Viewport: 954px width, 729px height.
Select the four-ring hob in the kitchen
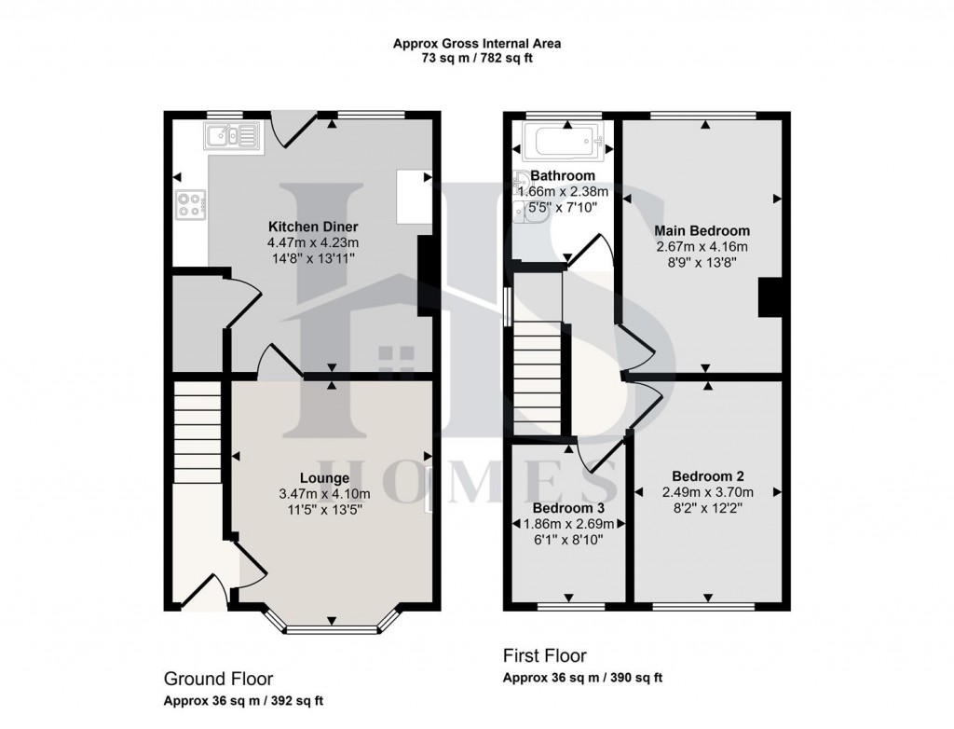pyautogui.click(x=189, y=204)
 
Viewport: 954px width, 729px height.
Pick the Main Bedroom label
pyautogui.click(x=702, y=230)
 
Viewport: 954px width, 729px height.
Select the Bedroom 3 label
pyautogui.click(x=568, y=508)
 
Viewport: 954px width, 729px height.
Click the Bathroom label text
pyautogui.click(x=563, y=175)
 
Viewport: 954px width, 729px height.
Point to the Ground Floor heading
pyautogui.click(x=218, y=679)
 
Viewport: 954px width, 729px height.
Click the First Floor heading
pyautogui.click(x=545, y=655)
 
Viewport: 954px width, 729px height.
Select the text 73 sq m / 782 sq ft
pyautogui.click(x=476, y=59)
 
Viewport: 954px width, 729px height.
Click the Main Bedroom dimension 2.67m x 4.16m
pyautogui.click(x=702, y=246)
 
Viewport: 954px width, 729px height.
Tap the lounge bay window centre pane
pyautogui.click(x=331, y=628)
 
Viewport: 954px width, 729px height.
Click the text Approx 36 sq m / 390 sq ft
pyautogui.click(x=583, y=678)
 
